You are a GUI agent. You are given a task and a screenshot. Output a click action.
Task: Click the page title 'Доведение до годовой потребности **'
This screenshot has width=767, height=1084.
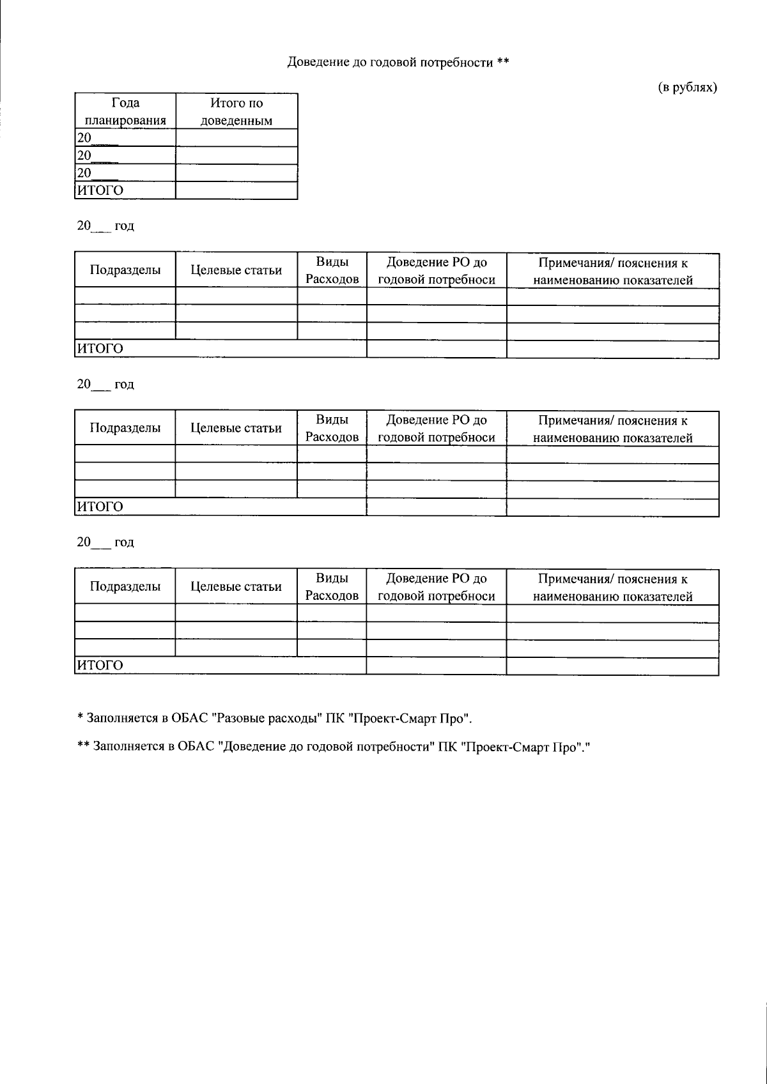tap(398, 63)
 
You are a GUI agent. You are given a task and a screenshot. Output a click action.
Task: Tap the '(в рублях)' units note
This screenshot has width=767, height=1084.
tap(688, 88)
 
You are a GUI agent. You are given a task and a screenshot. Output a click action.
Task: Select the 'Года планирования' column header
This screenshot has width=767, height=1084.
tap(125, 111)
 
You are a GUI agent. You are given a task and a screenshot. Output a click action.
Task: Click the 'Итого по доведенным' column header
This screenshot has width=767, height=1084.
tap(236, 111)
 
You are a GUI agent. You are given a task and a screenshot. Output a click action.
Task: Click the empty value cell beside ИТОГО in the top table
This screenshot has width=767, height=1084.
tap(236, 190)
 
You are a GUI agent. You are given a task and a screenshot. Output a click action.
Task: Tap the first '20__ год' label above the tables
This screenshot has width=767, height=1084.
tap(105, 226)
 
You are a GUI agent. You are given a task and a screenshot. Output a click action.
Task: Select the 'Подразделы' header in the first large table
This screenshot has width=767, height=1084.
tap(125, 270)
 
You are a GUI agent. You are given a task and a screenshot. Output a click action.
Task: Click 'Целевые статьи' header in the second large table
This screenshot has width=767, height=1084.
tap(236, 428)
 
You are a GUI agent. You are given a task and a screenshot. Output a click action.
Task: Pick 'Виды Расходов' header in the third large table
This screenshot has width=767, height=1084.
tap(332, 587)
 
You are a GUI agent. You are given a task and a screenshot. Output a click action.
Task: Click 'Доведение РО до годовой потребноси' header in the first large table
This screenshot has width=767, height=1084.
tap(437, 271)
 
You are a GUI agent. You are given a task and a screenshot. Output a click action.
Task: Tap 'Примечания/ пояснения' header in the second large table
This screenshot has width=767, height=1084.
tap(613, 429)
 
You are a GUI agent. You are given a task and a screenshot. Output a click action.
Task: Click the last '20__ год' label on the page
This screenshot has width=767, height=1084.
tap(105, 542)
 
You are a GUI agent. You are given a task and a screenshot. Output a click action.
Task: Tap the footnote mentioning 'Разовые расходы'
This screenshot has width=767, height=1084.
tap(275, 718)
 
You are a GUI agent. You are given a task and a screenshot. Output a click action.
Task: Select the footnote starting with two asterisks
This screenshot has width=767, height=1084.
tap(332, 746)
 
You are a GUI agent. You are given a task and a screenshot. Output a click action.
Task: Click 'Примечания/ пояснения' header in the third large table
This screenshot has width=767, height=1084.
tap(613, 587)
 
